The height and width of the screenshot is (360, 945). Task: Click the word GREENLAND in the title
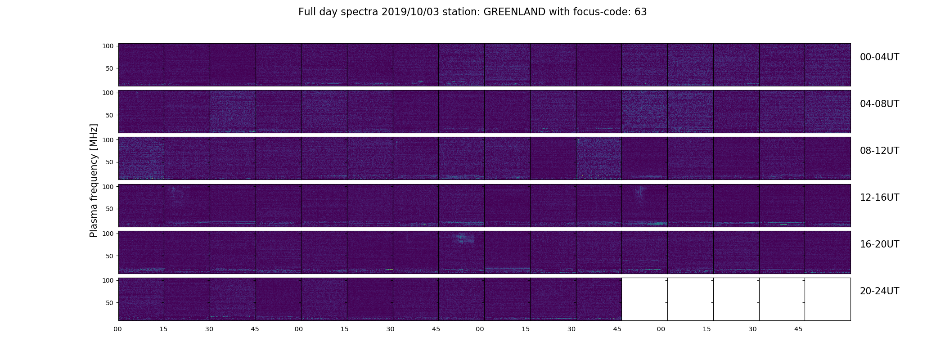(514, 12)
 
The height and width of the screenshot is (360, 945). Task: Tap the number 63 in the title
(641, 12)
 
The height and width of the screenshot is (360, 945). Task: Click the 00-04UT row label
(879, 57)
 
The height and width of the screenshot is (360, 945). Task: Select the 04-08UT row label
(879, 104)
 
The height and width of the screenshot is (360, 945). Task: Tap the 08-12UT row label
(879, 151)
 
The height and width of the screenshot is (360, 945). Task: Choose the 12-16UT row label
(879, 198)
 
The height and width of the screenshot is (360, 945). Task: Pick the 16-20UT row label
(879, 244)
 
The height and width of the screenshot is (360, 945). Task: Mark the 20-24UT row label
(879, 291)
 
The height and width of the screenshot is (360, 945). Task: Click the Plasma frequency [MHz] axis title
(94, 180)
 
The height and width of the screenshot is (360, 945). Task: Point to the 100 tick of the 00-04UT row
(108, 46)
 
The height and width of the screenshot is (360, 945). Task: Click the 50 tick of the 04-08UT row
(110, 115)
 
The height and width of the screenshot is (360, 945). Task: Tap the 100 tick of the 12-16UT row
(108, 186)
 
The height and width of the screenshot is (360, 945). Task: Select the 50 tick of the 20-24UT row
(110, 303)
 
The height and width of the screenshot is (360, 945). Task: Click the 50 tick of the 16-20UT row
(110, 256)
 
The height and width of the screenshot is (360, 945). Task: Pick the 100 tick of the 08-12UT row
(108, 139)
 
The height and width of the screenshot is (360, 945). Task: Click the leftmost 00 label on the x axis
(117, 329)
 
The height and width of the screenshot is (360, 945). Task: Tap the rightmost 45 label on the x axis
(798, 329)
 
